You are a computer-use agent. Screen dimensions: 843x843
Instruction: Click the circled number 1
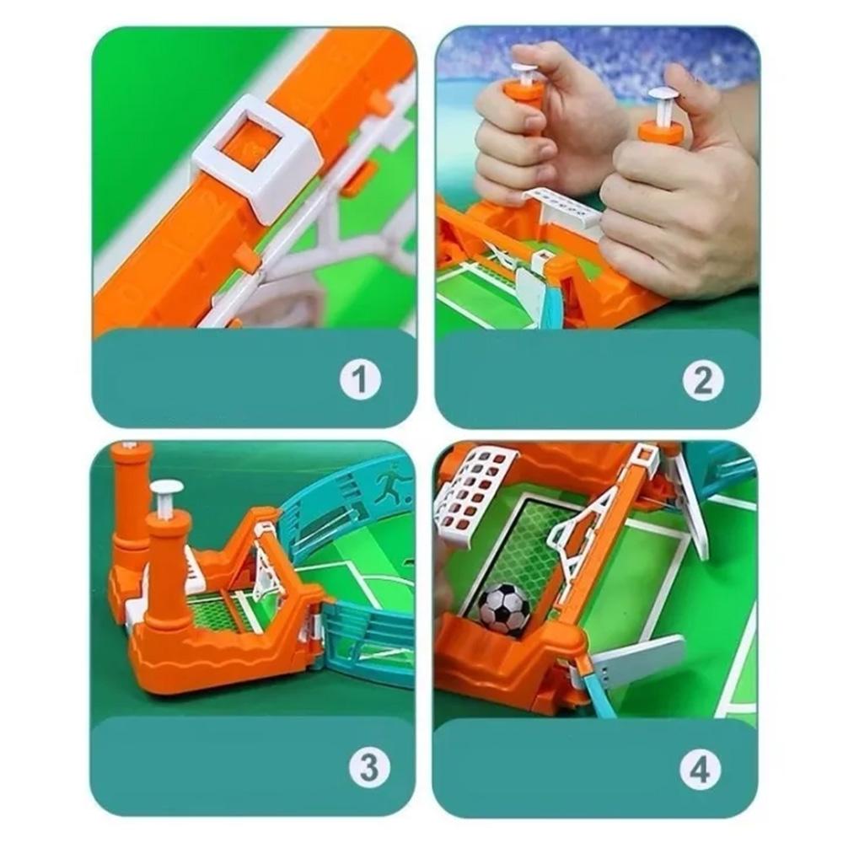[x=360, y=379]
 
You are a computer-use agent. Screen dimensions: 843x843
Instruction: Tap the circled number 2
[x=703, y=380]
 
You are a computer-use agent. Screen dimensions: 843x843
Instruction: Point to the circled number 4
[x=700, y=770]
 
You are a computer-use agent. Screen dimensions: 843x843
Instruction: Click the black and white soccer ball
[x=504, y=609]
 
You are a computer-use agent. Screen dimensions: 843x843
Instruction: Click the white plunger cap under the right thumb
[x=664, y=96]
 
